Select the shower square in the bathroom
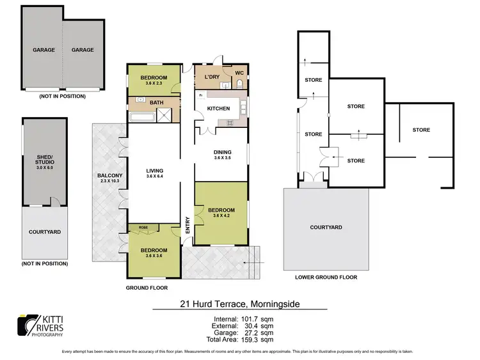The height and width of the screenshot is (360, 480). coord(165,115)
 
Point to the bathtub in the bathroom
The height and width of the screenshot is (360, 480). coord(141,116)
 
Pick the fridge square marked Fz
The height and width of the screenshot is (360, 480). coord(201,95)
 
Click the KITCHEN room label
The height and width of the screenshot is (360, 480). coord(218,109)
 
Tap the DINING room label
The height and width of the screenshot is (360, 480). coord(221,152)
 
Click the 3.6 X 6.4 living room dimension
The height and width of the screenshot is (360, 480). coord(155,177)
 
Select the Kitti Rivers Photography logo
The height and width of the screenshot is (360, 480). coord(40,325)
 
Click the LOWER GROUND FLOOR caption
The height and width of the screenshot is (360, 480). coord(326,278)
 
